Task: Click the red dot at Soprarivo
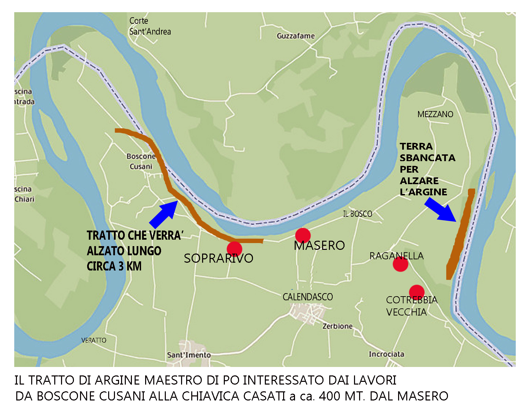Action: (x=234, y=249)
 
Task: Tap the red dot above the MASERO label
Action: (x=303, y=235)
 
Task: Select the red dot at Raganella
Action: (x=400, y=264)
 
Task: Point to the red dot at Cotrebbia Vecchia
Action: (x=417, y=292)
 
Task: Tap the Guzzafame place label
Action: (x=296, y=36)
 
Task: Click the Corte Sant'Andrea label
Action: (x=150, y=26)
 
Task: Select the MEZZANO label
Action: (x=435, y=114)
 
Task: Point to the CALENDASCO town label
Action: (x=308, y=297)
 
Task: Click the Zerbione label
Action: (x=337, y=326)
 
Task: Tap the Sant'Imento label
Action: (x=189, y=355)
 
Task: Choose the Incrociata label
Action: (x=387, y=354)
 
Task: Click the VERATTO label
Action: (x=94, y=340)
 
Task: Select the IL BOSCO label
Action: (x=357, y=214)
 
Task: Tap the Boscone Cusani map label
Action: (x=141, y=161)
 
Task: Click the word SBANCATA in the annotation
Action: (x=427, y=158)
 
